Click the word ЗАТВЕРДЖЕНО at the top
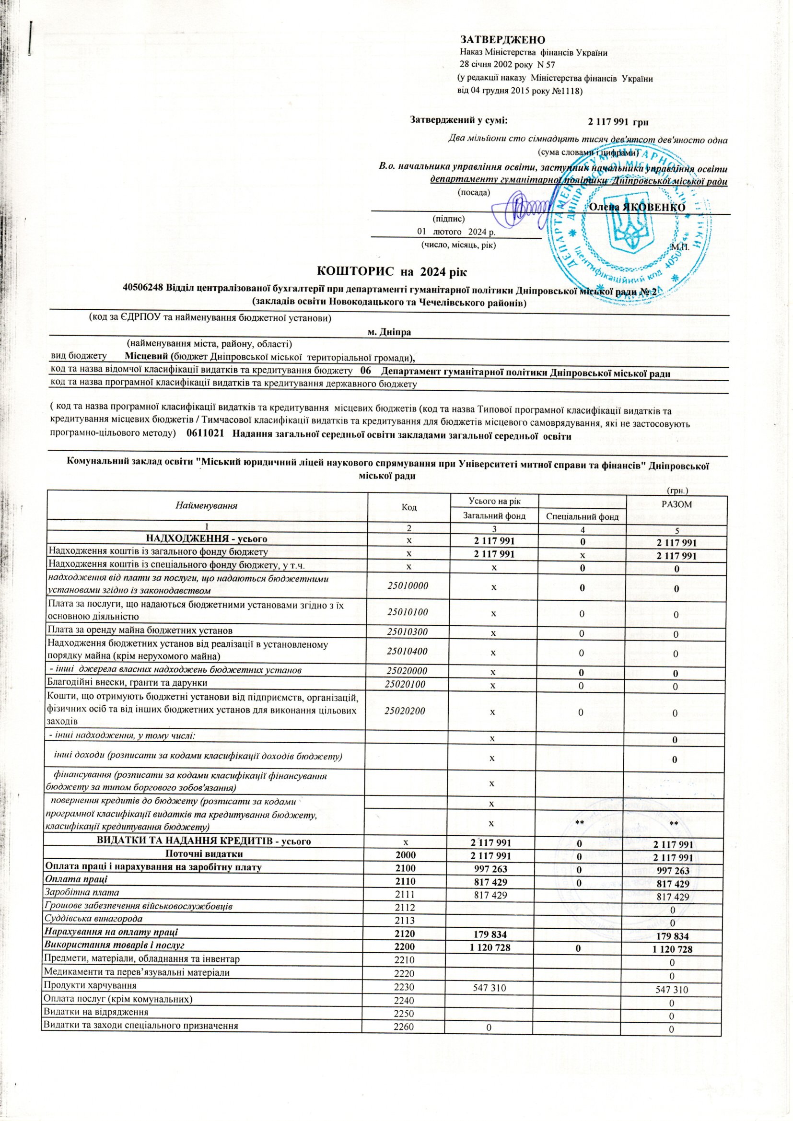[502, 39]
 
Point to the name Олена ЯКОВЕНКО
[637, 207]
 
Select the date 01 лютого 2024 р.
[449, 231]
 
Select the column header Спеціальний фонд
[581, 516]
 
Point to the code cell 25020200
[405, 712]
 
